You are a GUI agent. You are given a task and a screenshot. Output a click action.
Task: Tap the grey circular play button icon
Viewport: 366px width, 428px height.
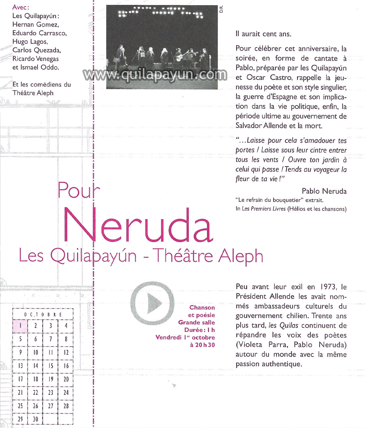pos(152,303)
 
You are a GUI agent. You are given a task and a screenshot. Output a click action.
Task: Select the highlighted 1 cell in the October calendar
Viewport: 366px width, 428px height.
pos(20,326)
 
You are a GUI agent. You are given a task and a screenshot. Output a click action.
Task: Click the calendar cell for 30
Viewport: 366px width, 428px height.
pos(36,419)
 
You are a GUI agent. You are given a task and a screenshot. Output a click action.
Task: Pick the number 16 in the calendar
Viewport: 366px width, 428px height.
pos(66,366)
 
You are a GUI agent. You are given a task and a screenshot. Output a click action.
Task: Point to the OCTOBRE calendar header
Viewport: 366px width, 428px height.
pos(43,315)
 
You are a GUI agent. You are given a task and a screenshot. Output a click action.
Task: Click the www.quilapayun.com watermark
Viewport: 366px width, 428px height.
pos(155,75)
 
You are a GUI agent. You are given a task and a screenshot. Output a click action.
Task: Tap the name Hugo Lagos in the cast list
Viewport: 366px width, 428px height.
pos(30,42)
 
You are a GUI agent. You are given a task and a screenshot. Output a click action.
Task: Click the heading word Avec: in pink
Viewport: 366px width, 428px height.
pos(21,7)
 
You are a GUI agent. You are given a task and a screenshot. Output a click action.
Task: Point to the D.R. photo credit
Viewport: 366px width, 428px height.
pos(221,9)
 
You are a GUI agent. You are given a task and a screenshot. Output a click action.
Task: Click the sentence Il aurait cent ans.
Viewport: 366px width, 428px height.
pos(263,34)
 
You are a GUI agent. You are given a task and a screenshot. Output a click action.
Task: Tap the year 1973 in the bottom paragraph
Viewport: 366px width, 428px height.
pos(327,287)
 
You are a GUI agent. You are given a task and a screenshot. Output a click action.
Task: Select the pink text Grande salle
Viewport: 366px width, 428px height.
pos(196,322)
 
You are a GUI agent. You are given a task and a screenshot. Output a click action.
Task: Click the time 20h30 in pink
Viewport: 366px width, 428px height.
pos(202,345)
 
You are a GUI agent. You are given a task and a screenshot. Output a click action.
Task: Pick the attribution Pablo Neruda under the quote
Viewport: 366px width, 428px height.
pos(324,191)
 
